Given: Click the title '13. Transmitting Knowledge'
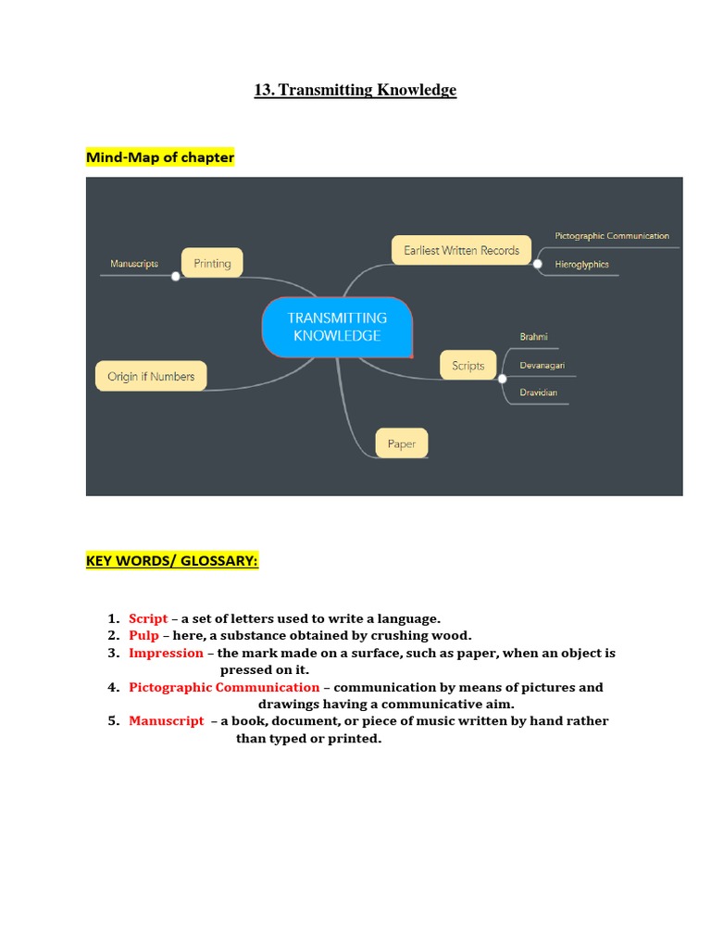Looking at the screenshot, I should [x=355, y=90].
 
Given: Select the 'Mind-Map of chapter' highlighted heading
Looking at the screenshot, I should [x=160, y=157].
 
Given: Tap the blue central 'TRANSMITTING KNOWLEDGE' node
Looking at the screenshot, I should [x=337, y=327].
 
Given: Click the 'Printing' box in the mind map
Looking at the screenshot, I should [x=212, y=264].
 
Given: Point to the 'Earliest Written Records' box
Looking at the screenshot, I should [x=461, y=250].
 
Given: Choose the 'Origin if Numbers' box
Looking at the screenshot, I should [x=151, y=377].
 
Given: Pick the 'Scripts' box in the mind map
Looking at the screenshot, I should [x=468, y=366].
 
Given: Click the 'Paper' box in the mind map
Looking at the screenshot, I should [x=402, y=443].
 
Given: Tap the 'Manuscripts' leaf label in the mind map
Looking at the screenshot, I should [x=134, y=264].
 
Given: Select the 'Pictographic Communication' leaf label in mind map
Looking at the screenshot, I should [x=612, y=236].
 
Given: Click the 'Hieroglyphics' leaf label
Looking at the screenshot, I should [x=582, y=265].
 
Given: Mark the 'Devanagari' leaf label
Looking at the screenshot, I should [x=543, y=366].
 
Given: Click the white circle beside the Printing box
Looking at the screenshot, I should [x=175, y=275].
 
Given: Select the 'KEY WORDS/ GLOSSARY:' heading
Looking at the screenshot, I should [x=172, y=561].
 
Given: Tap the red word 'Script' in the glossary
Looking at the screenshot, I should [x=148, y=618].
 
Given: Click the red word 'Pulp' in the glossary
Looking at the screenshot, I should [x=143, y=636].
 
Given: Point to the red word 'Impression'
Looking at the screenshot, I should [x=166, y=654].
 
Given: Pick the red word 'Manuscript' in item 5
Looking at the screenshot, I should [x=167, y=721].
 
